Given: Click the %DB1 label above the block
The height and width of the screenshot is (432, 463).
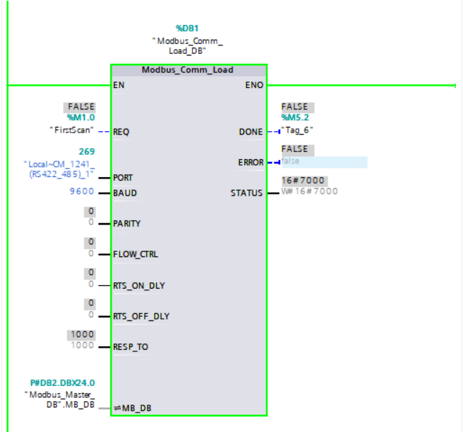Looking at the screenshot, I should coord(188,29).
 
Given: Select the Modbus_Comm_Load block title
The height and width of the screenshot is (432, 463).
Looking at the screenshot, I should coord(188,70).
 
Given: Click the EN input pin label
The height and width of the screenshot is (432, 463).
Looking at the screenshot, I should coord(119,85).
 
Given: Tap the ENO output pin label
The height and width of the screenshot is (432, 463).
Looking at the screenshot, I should coord(254,85).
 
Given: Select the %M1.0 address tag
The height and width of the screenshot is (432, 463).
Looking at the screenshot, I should coord(81,117).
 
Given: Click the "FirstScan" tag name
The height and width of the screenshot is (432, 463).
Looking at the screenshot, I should coord(72,130).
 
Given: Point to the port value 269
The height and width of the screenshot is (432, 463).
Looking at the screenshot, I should coord(86,152).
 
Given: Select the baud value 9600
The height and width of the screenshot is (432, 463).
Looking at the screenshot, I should coord(81,193).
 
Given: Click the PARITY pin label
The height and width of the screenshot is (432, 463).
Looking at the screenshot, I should coord(127,224).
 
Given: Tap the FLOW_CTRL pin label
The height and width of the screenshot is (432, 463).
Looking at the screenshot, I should coord(135,254).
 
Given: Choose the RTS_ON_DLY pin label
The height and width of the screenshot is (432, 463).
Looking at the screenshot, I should coord(139,286).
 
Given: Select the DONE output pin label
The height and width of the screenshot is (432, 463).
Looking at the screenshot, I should coord(251,132).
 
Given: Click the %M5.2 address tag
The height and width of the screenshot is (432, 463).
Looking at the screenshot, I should coord(296,117).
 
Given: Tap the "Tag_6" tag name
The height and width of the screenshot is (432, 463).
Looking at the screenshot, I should coord(297,130).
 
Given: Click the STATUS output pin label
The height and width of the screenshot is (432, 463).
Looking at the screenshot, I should coord(247,193).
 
